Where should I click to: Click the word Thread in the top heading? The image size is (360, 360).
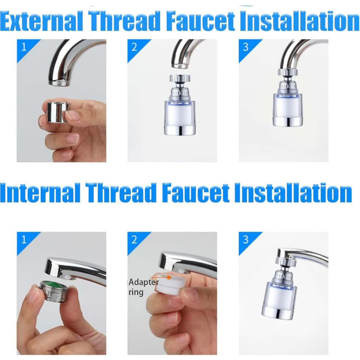(x=125, y=21)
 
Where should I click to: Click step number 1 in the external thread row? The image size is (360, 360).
(x=24, y=48)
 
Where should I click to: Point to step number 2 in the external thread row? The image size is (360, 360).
(x=134, y=48)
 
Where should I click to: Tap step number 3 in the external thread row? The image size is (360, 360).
(x=245, y=48)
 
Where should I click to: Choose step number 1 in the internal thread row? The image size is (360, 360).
(x=24, y=240)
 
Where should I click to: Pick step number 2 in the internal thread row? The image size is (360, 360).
(x=134, y=240)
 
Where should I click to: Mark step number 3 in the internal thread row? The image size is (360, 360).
(x=245, y=240)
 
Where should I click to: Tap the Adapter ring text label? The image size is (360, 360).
(x=144, y=287)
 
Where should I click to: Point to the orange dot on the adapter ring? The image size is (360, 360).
(x=169, y=277)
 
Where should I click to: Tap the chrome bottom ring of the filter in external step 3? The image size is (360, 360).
(x=288, y=121)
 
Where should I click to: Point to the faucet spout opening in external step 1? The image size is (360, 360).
(x=59, y=82)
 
